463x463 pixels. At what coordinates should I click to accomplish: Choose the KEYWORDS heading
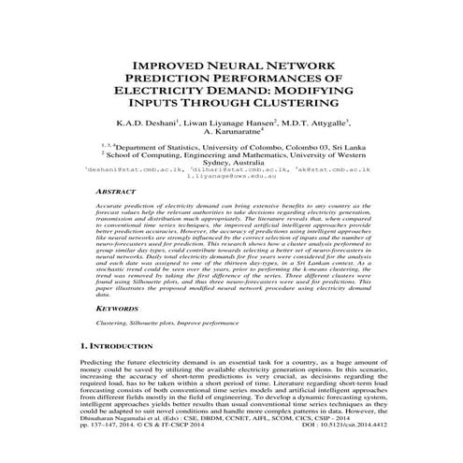click(121, 307)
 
